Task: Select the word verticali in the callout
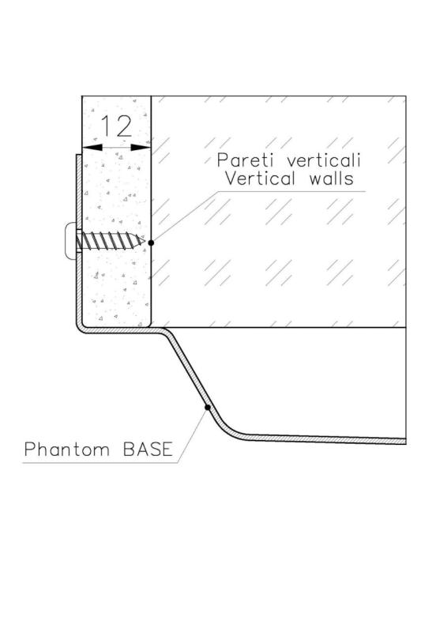[326, 160]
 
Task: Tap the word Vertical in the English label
[261, 179]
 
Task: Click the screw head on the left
[69, 241]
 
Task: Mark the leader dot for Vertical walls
[151, 242]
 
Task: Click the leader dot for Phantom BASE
[207, 408]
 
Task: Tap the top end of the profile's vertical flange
[77, 157]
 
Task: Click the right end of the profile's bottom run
[404, 440]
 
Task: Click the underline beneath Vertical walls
[284, 190]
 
